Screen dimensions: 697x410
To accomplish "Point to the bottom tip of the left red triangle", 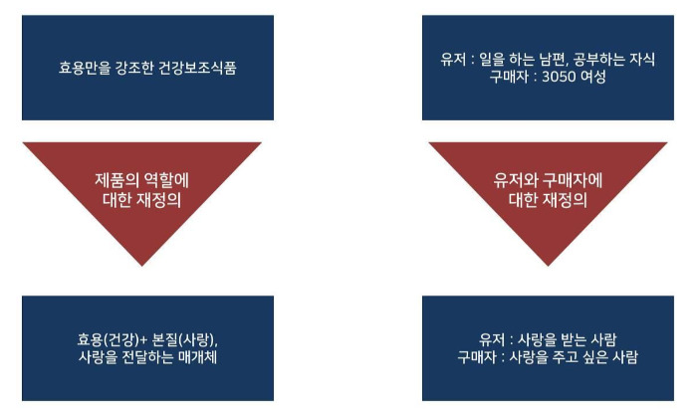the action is pos(142,266).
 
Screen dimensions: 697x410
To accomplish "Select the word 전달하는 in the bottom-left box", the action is pos(148,356).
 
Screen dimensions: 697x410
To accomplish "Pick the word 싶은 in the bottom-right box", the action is pos(595,356).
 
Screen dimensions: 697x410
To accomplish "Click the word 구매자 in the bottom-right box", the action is pos(479,356).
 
